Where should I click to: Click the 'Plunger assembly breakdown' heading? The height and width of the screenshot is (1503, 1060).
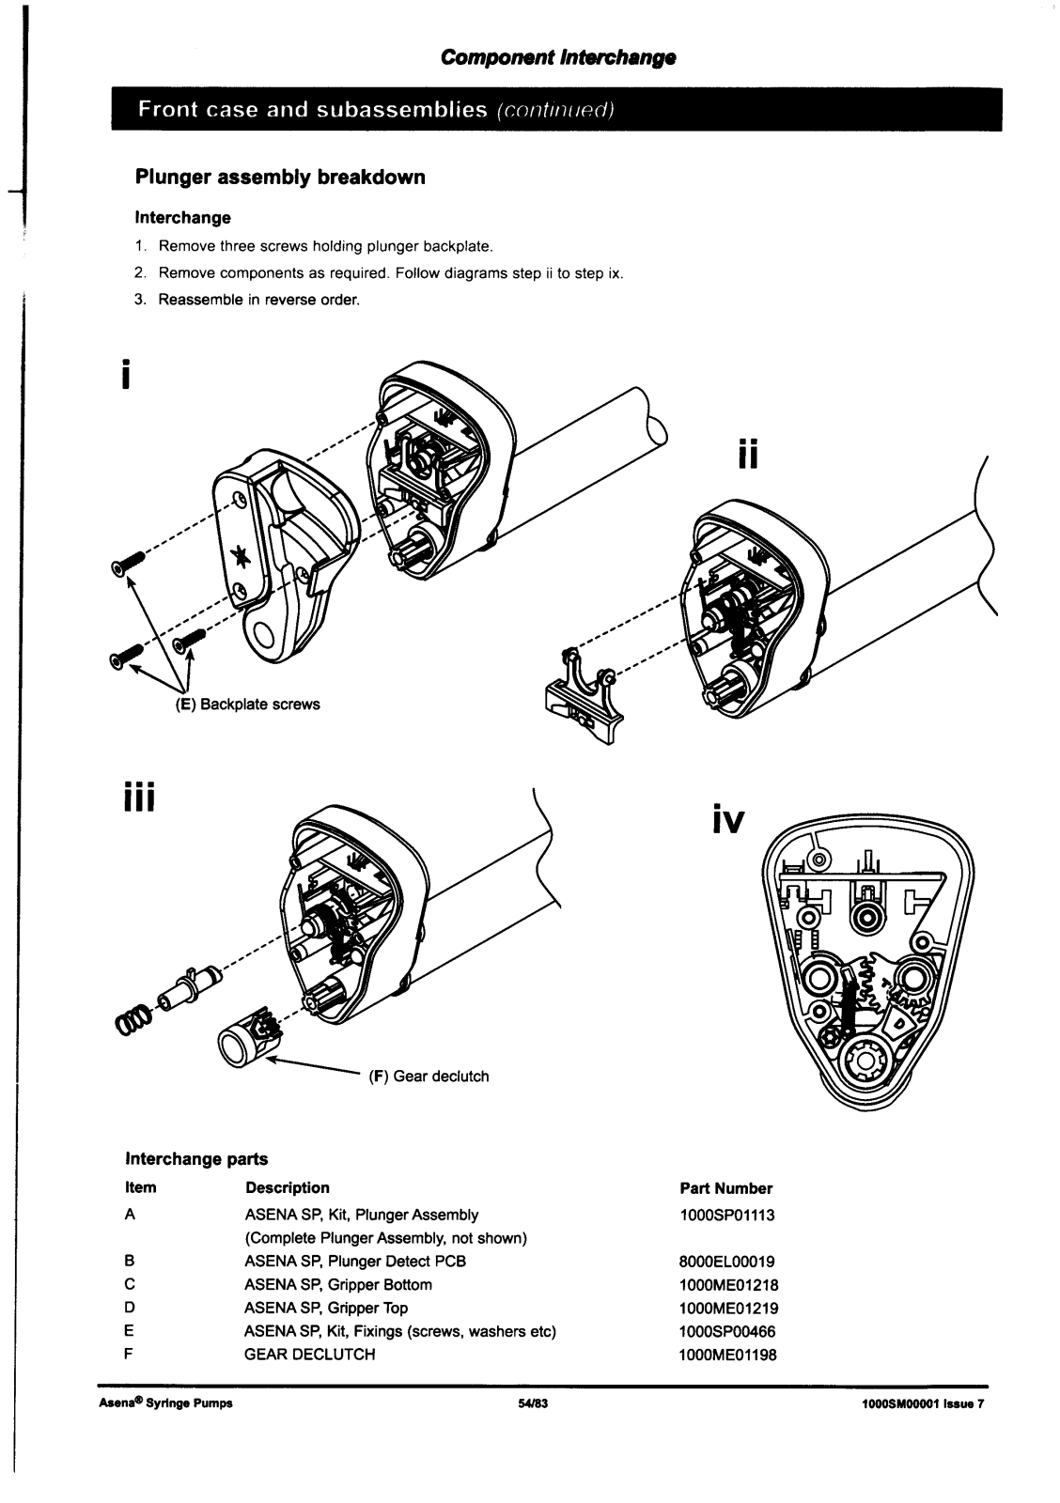[280, 178]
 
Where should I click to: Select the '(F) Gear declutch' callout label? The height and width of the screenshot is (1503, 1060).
[429, 1076]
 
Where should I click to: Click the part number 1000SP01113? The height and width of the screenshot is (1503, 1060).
[727, 1215]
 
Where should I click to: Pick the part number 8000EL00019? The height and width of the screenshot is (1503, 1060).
[727, 1262]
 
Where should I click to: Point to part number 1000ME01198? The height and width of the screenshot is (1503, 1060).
[728, 1355]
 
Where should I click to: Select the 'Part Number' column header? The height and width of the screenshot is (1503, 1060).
[725, 1188]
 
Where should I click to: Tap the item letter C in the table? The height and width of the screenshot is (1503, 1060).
[131, 1284]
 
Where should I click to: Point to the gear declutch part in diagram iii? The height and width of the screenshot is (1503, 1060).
[246, 1039]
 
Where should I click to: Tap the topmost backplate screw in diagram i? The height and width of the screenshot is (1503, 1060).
[128, 562]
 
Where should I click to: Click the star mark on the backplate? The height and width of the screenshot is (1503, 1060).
[243, 558]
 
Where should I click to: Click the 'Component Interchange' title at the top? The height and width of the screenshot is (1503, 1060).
[558, 58]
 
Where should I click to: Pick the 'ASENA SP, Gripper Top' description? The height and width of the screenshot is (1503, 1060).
[326, 1308]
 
